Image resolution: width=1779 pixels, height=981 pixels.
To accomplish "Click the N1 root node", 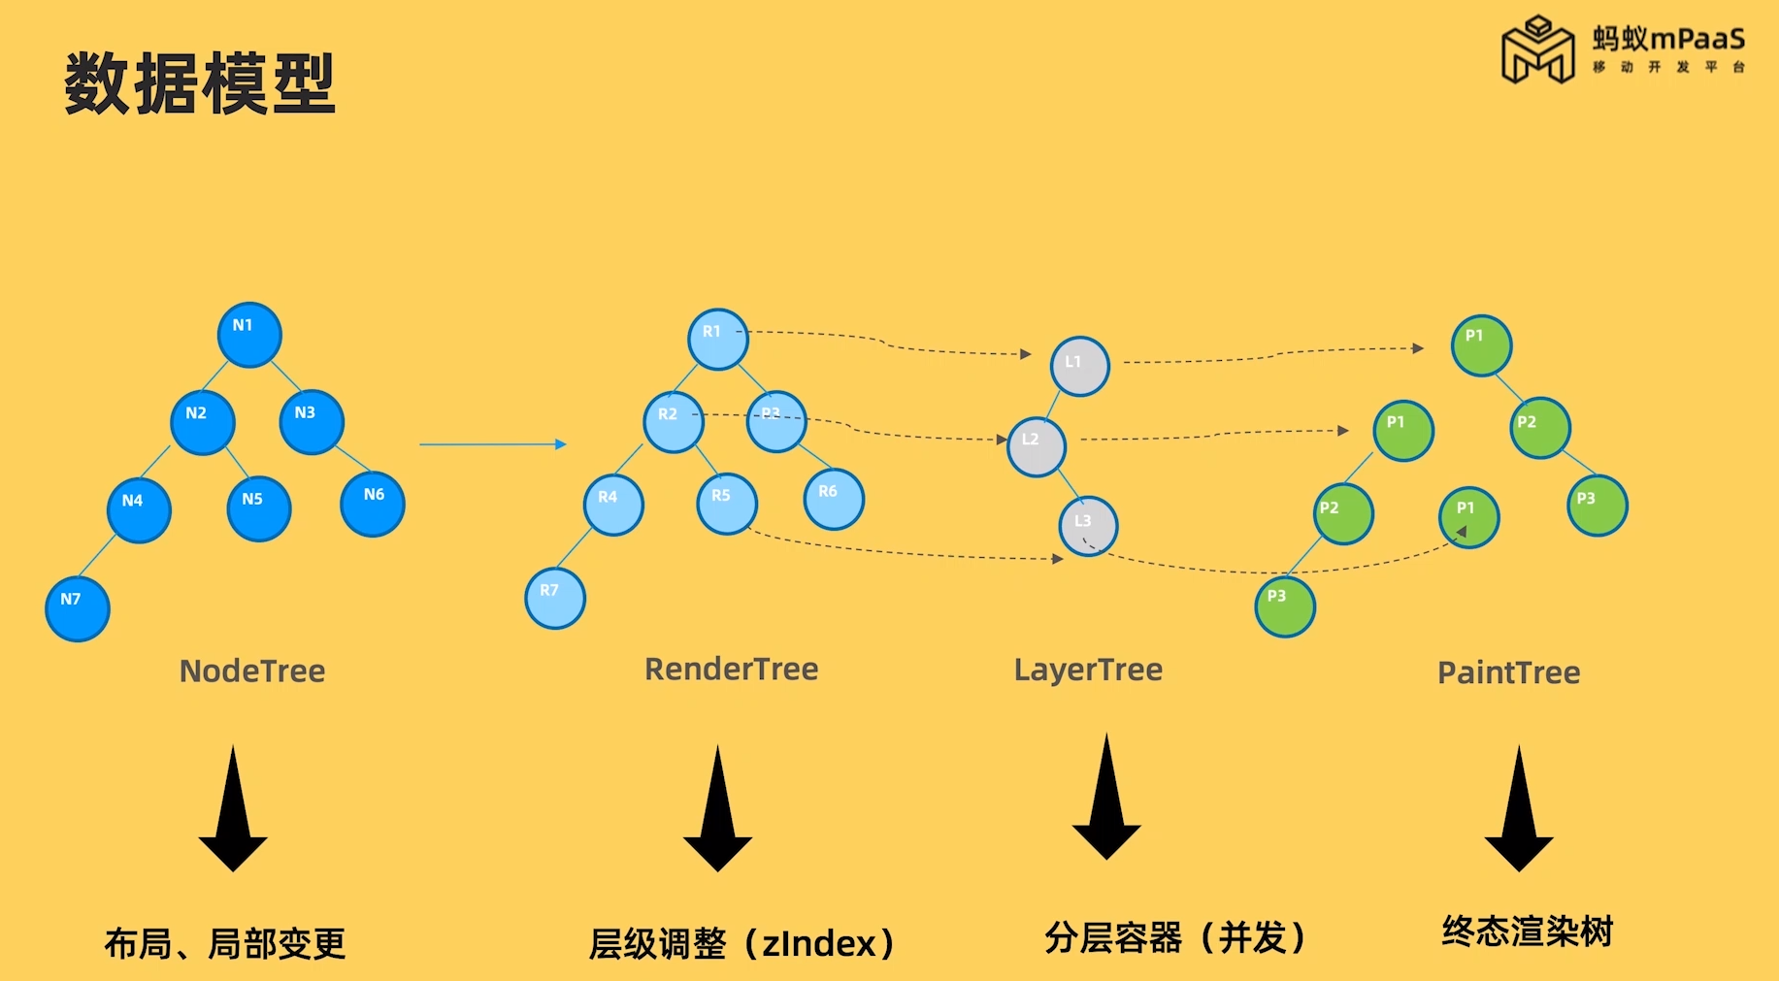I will tap(249, 335).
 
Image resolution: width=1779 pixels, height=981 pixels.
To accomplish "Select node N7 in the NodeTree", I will tap(78, 608).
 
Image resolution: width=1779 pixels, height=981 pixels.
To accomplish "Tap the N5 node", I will tap(259, 508).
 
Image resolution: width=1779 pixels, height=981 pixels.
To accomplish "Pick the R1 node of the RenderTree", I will tap(718, 340).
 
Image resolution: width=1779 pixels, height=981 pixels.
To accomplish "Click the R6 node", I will tap(834, 499).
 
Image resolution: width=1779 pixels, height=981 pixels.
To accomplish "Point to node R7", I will tap(555, 598).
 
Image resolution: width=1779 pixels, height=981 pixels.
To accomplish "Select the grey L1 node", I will tap(1080, 366).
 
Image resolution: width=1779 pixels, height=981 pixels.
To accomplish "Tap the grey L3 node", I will tap(1088, 526).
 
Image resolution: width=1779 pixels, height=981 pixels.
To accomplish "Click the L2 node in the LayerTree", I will tap(1037, 446).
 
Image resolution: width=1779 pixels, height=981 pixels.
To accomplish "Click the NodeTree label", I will tap(252, 670).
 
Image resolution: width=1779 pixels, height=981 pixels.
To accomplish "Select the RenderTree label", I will tap(732, 669).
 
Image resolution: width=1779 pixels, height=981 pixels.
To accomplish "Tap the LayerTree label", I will tap(1088, 670).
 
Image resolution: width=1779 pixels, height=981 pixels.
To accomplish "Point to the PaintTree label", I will tap(1508, 672).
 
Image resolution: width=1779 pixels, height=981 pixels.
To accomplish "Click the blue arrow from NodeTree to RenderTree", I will tap(493, 444).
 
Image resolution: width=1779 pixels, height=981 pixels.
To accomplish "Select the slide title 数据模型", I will tap(200, 84).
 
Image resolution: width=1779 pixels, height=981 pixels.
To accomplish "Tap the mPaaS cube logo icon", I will tap(1537, 50).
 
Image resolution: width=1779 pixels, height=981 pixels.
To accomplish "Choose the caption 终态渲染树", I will tap(1527, 932).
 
